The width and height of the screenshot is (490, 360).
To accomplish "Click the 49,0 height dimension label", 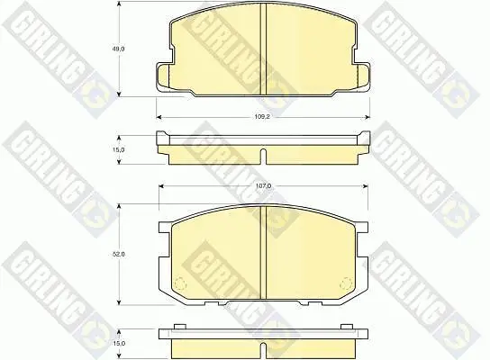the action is tap(119, 49).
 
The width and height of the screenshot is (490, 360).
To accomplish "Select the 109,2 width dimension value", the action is tap(262, 117).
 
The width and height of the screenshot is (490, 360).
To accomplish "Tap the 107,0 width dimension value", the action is tap(263, 186).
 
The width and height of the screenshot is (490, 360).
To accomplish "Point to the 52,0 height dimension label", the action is tap(119, 254).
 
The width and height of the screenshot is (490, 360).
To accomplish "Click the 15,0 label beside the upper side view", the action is tap(119, 149).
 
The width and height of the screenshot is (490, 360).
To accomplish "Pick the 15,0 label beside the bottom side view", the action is tap(119, 343).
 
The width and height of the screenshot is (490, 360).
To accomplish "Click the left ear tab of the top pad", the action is tap(162, 76).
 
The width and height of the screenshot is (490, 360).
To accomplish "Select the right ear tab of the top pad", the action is tap(363, 76).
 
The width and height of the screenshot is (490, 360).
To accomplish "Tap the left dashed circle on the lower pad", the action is tap(179, 283).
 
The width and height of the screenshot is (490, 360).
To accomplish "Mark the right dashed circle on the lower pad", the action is tap(346, 283).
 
